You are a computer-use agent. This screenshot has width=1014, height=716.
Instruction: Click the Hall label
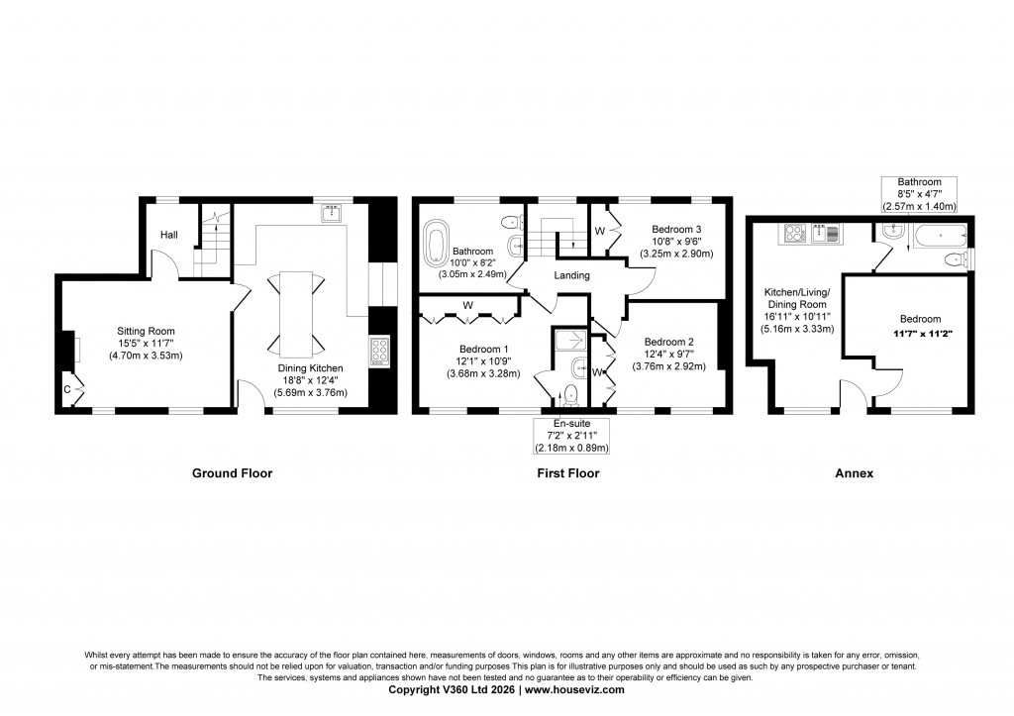pyautogui.click(x=169, y=235)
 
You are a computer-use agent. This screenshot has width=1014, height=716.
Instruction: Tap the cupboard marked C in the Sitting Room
pyautogui.click(x=69, y=390)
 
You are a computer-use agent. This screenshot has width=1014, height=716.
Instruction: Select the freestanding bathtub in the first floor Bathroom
pyautogui.click(x=435, y=242)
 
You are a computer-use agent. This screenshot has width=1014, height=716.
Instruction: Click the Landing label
pyautogui.click(x=572, y=275)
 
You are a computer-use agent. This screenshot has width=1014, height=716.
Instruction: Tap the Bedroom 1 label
pyautogui.click(x=483, y=348)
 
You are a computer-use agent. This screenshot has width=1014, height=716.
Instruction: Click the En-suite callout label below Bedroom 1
pyautogui.click(x=568, y=436)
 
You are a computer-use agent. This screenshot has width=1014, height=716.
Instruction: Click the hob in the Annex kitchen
pyautogui.click(x=793, y=234)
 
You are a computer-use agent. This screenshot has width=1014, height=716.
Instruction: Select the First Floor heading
pyautogui.click(x=568, y=473)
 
